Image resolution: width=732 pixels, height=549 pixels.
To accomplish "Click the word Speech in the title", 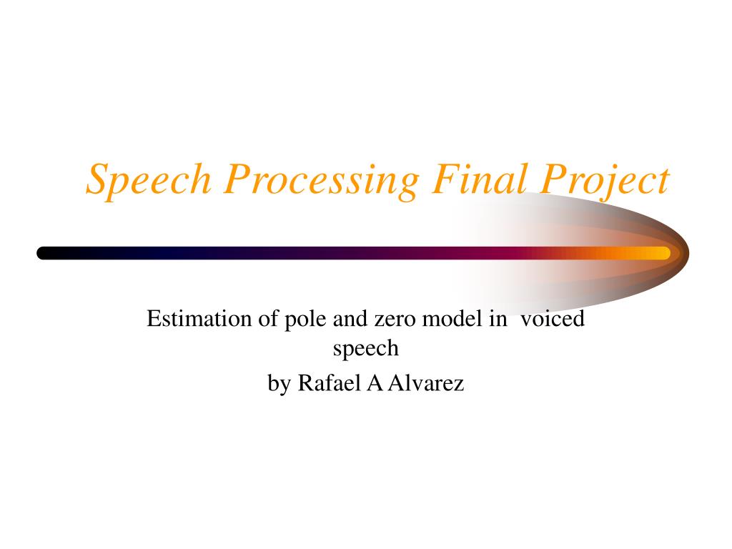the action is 149,179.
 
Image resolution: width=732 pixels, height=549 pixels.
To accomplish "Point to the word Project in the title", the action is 605,181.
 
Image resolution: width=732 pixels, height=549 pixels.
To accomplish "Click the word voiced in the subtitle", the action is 553,319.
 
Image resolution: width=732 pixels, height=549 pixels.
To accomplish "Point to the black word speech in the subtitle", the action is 365,349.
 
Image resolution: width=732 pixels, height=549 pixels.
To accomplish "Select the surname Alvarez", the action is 426,383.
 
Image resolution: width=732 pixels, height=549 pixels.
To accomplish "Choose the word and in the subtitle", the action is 350,319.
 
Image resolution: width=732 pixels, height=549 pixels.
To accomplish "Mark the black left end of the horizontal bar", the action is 39,253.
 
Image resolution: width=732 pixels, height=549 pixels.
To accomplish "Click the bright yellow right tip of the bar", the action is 668,253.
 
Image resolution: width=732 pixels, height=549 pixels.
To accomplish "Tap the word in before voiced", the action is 498,319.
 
